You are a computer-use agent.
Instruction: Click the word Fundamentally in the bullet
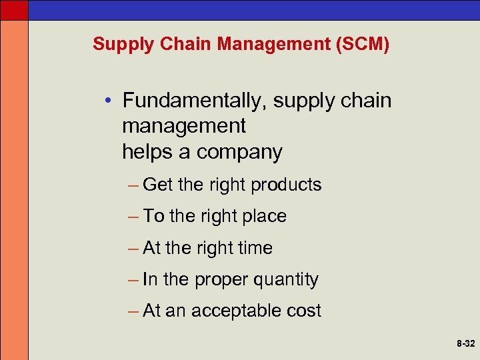[185, 101]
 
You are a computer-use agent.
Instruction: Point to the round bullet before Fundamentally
[109, 101]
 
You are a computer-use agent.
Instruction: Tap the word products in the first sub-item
[286, 185]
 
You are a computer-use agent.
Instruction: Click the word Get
[158, 185]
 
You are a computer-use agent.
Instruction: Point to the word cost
[305, 311]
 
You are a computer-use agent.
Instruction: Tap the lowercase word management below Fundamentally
[184, 126]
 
